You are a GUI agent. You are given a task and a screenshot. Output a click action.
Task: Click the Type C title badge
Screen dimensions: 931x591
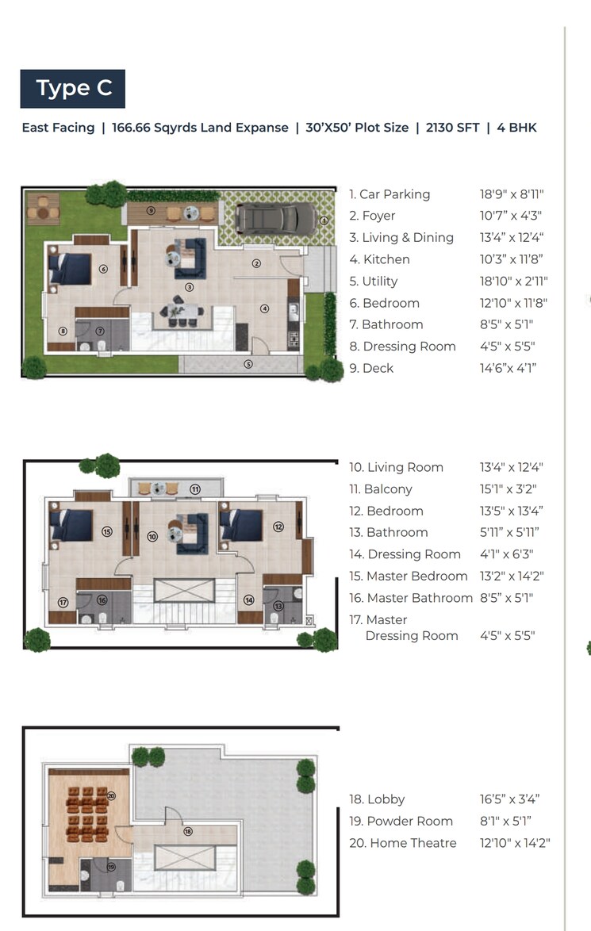click(x=73, y=88)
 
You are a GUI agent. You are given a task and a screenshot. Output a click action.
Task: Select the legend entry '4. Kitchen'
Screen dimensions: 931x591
click(x=386, y=259)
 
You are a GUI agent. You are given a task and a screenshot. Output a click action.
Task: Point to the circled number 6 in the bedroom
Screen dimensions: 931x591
click(x=103, y=269)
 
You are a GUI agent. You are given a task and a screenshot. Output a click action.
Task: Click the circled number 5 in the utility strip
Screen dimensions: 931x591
click(x=248, y=365)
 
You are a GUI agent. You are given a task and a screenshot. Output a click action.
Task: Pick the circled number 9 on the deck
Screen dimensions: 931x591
click(x=151, y=210)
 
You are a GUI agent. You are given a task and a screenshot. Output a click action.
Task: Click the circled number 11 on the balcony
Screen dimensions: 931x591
click(x=194, y=488)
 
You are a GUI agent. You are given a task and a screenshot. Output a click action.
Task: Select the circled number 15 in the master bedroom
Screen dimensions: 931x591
click(x=106, y=531)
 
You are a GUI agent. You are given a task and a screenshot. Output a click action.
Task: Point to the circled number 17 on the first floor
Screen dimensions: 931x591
click(x=63, y=603)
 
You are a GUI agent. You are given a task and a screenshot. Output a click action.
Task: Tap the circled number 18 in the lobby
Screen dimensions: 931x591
click(x=188, y=831)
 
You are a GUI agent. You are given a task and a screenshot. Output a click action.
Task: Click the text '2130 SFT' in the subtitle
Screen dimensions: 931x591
click(x=451, y=127)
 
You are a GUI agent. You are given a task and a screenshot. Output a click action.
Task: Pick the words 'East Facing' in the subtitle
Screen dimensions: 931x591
click(x=58, y=127)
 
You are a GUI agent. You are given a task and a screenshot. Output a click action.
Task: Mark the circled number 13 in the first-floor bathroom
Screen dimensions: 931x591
click(x=278, y=606)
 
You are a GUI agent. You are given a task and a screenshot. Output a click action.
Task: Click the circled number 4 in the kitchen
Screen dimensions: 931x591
click(x=265, y=308)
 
